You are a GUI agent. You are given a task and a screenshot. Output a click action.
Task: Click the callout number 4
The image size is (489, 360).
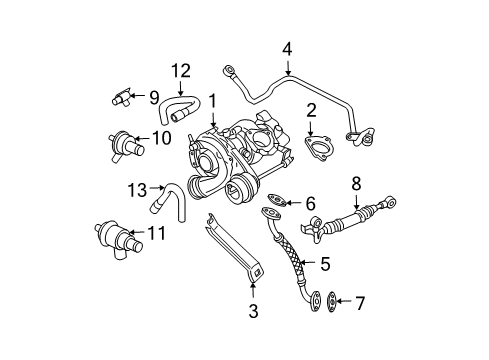click(287, 49)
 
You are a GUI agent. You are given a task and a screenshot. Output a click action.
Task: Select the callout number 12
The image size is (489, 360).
click(181, 71)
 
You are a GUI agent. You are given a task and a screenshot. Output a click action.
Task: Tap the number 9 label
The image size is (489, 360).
click(154, 97)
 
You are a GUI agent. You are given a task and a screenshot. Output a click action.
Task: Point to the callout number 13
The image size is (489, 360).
click(137, 190)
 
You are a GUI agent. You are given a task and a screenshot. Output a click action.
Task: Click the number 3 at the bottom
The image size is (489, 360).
click(253, 311)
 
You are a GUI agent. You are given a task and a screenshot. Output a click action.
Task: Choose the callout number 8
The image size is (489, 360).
click(356, 183)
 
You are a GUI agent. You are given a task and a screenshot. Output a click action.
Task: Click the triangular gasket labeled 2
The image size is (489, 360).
click(316, 148)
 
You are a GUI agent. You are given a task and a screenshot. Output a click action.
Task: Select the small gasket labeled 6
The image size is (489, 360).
click(277, 200)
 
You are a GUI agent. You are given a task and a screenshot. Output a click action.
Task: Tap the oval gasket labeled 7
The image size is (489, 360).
click(332, 302)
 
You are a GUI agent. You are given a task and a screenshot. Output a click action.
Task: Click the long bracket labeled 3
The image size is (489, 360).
click(233, 247)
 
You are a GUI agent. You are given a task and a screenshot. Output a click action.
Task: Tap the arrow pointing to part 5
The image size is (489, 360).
click(308, 263)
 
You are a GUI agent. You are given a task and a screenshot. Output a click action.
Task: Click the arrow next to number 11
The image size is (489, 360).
click(137, 231)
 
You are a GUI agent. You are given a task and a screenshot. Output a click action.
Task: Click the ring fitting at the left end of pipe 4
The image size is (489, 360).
click(228, 70)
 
